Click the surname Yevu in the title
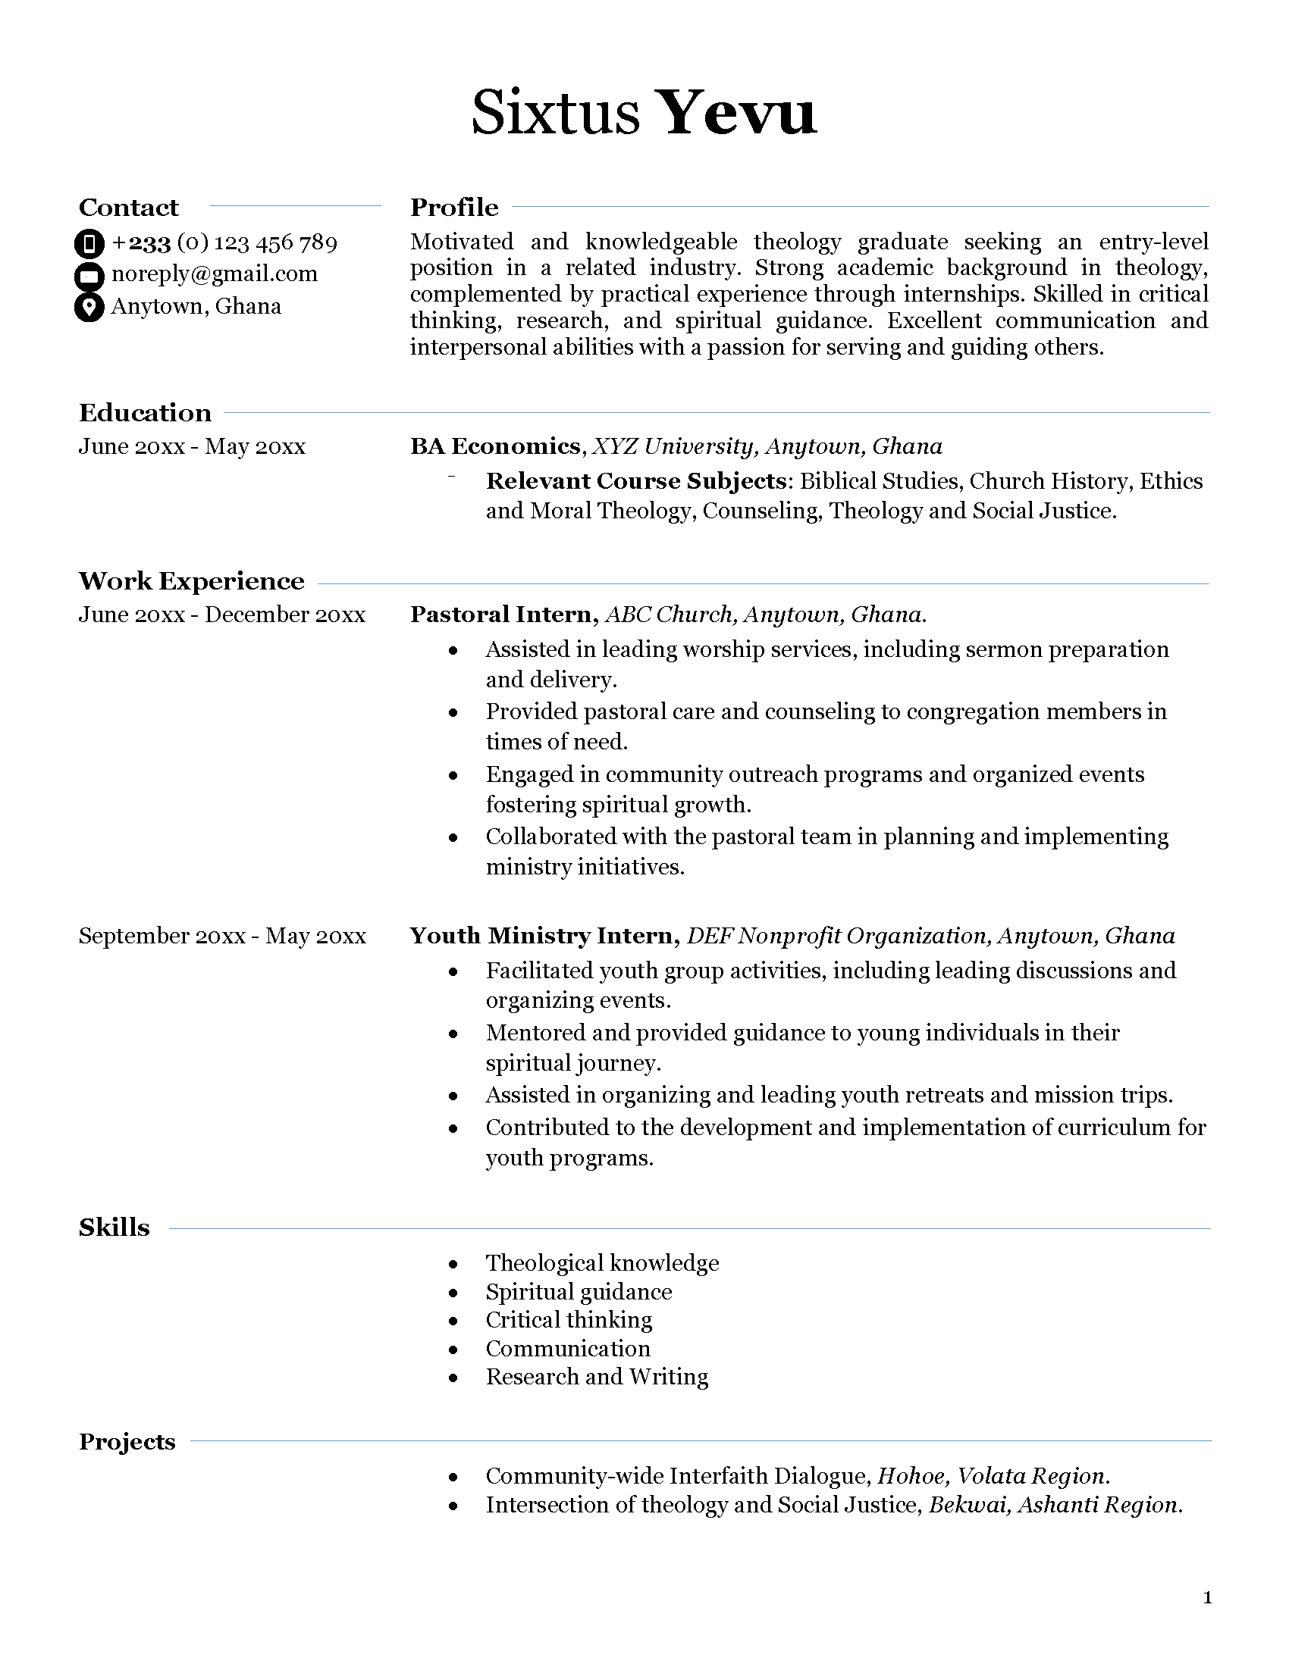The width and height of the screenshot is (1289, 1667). point(736,114)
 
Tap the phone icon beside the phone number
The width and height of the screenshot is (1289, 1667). point(89,243)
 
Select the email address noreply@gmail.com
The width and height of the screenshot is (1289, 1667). point(214,274)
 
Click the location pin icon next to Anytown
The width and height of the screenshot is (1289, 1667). point(89,307)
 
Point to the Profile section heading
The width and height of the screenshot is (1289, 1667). point(453,207)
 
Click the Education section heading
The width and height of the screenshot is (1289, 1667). point(145,412)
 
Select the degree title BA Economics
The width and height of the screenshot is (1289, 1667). point(495,446)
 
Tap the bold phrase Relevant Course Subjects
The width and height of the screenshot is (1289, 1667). point(636,481)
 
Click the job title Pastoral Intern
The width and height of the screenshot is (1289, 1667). point(501,615)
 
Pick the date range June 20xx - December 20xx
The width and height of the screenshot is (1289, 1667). point(221,615)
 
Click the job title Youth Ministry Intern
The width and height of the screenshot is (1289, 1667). point(544,936)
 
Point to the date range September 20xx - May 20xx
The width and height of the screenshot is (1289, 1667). point(222,936)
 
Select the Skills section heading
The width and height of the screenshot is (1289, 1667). point(114,1228)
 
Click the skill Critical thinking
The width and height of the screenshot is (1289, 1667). point(569,1320)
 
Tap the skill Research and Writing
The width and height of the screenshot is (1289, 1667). point(597,1376)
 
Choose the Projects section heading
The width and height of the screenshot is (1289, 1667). point(127,1441)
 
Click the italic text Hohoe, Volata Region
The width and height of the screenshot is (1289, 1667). point(993,1475)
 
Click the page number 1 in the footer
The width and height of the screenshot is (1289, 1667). point(1207,1597)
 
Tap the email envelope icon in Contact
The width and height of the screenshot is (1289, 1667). point(89,275)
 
